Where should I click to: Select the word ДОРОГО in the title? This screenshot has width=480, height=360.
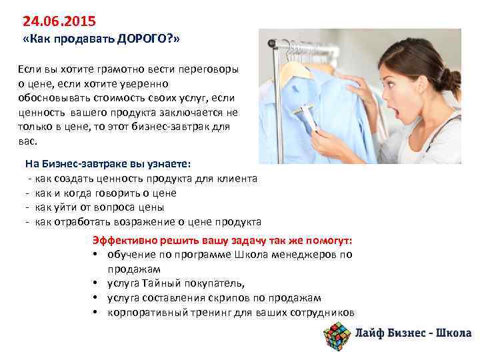(143, 39)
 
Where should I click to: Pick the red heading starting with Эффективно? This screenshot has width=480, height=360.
(223, 241)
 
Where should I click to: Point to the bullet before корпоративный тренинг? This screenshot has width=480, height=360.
(96, 313)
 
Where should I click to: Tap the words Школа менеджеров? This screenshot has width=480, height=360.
(279, 255)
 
